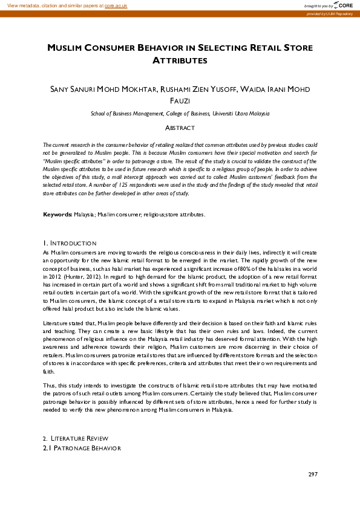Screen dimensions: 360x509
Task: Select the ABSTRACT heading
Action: pyautogui.click(x=180, y=128)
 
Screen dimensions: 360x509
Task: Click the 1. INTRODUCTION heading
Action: pyautogui.click(x=70, y=243)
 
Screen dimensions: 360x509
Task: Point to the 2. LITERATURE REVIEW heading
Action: pyautogui.click(x=75, y=438)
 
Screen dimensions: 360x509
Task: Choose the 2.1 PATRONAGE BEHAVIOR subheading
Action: pyautogui.click(x=82, y=449)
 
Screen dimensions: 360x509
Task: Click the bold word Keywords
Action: pyautogui.click(x=57, y=215)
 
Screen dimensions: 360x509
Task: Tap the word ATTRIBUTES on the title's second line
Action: pyautogui.click(x=180, y=60)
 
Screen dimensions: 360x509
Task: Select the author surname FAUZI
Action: pyautogui.click(x=180, y=101)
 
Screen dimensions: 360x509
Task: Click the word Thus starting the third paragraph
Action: pyautogui.click(x=50, y=384)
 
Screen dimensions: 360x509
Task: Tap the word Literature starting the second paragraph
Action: pyautogui.click(x=56, y=325)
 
